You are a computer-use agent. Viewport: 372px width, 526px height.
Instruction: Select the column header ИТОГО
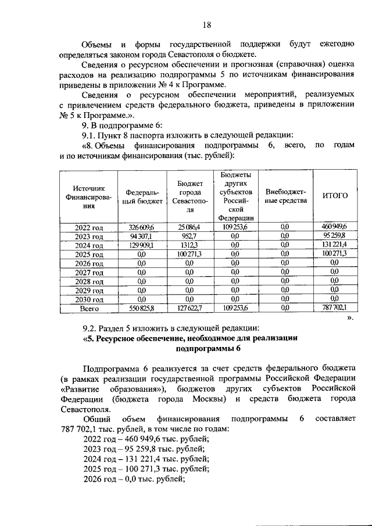tap(335, 196)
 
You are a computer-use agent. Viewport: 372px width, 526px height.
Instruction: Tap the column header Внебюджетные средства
tap(285, 196)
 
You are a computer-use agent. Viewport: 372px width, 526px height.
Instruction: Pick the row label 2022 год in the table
tap(89, 227)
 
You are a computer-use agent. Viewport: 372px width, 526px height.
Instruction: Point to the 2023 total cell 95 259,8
tap(335, 236)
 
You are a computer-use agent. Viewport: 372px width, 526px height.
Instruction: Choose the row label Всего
tap(89, 309)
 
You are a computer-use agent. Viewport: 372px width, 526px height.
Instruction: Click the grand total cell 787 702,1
tap(335, 309)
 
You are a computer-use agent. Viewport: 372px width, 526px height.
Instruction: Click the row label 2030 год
tap(89, 300)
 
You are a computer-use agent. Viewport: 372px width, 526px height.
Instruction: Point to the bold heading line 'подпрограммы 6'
tap(208, 349)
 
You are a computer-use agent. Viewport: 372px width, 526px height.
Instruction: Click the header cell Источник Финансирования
tap(88, 196)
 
